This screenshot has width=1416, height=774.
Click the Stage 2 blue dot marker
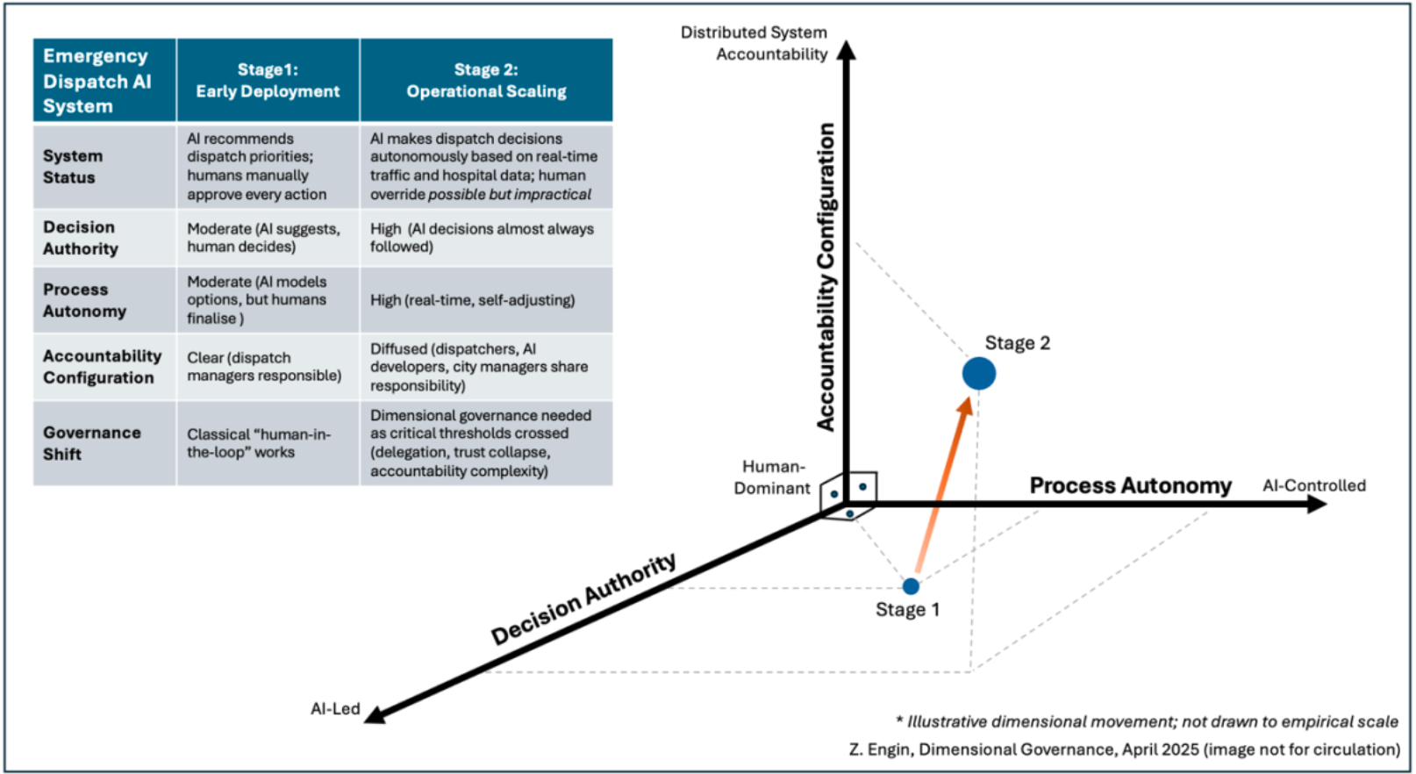click(x=979, y=373)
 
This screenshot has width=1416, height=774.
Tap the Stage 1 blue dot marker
click(x=911, y=585)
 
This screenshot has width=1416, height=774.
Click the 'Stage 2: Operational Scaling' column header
click(x=486, y=81)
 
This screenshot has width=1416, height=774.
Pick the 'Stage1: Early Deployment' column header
click(x=268, y=81)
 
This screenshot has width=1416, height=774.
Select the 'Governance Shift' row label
click(x=91, y=443)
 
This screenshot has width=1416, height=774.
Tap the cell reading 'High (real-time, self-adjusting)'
click(x=473, y=300)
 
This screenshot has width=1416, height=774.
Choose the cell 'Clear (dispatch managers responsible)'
click(x=264, y=367)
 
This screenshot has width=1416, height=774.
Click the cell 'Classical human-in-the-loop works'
click(x=258, y=443)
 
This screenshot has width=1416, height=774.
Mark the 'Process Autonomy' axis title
click(x=1130, y=485)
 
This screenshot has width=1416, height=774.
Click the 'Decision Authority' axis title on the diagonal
click(x=583, y=598)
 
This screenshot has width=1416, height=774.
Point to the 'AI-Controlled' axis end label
click(x=1313, y=485)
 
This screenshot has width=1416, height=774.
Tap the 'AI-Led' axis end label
click(x=335, y=708)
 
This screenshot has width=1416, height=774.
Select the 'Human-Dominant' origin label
click(x=771, y=477)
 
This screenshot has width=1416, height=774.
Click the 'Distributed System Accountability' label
click(x=754, y=43)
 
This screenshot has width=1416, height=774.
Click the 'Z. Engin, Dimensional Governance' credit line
click(x=1124, y=749)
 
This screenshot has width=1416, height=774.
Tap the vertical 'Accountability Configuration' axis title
click(x=826, y=276)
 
